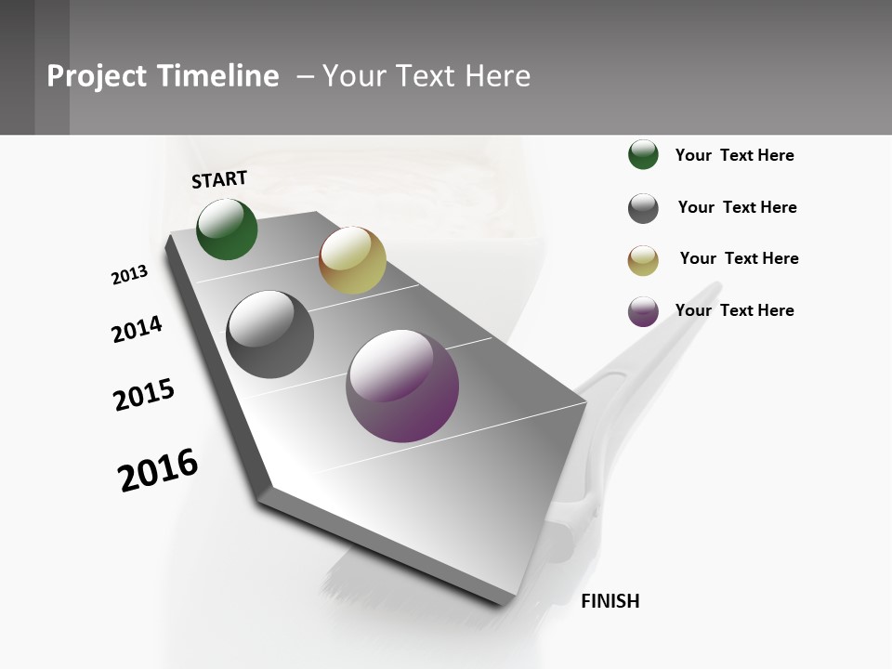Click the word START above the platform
219,179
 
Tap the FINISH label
610,601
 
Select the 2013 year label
130,274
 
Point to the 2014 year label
137,330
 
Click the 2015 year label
144,395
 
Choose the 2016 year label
158,470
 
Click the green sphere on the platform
227,229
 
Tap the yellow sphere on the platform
352,260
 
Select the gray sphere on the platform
270,334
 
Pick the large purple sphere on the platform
402,386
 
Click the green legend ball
643,155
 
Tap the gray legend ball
643,208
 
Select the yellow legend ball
643,260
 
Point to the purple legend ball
643,311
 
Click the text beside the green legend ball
734,156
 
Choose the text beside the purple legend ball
734,310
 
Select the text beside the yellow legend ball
739,258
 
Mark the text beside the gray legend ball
737,207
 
